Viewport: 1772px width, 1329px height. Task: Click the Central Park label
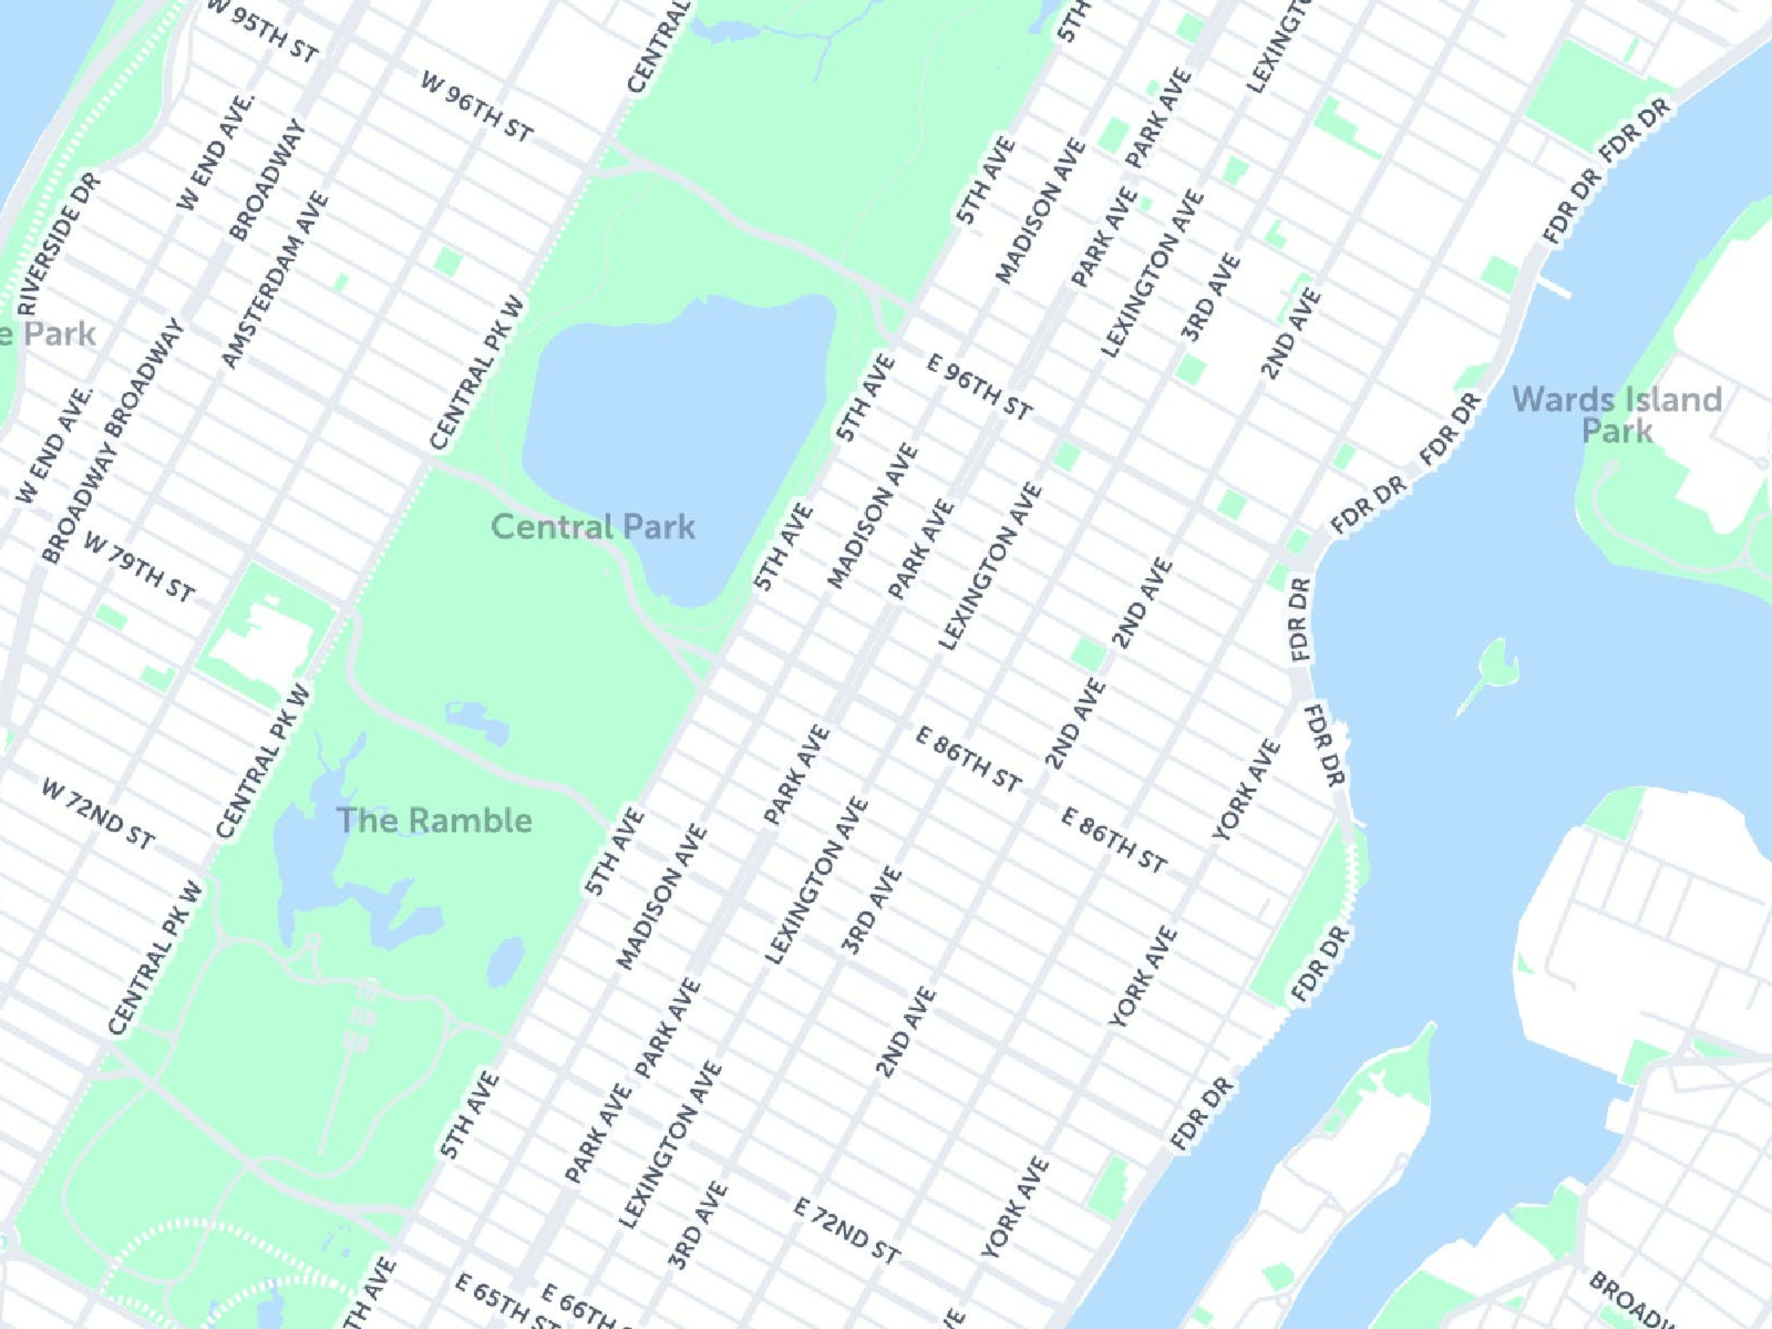(593, 527)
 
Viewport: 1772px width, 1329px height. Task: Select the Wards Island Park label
(1616, 414)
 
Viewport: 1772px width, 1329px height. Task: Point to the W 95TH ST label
(263, 32)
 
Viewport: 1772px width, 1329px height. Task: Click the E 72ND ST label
(846, 1230)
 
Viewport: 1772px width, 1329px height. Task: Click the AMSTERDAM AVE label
(275, 280)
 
